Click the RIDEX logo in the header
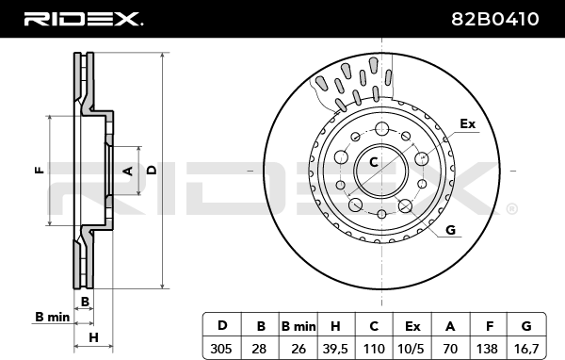point(83,19)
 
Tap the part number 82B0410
point(495,19)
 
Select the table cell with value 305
point(221,349)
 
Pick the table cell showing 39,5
point(335,349)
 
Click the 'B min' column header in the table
point(298,326)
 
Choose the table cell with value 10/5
point(411,349)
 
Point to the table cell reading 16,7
point(525,349)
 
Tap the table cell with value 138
point(487,349)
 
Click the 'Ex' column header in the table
point(412,326)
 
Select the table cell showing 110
point(374,349)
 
